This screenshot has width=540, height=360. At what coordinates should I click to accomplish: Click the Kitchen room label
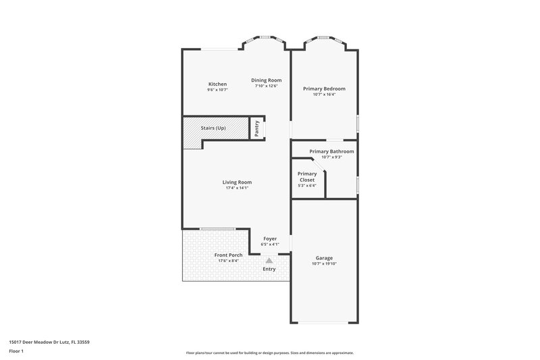pyautogui.click(x=217, y=84)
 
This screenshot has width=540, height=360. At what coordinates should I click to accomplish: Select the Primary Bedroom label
pyautogui.click(x=324, y=88)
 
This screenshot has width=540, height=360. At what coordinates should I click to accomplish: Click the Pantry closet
pyautogui.click(x=257, y=128)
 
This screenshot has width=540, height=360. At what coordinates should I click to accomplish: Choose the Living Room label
pyautogui.click(x=237, y=182)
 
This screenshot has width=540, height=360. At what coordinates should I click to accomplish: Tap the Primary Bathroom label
pyautogui.click(x=331, y=151)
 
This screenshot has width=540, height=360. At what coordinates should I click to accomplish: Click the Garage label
pyautogui.click(x=324, y=258)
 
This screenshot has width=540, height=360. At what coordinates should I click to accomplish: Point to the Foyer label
pyautogui.click(x=270, y=238)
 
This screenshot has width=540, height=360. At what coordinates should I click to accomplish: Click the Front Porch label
pyautogui.click(x=228, y=255)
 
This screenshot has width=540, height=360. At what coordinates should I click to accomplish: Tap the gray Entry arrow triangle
pyautogui.click(x=269, y=259)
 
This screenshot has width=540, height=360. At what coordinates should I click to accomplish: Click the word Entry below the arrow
pyautogui.click(x=269, y=269)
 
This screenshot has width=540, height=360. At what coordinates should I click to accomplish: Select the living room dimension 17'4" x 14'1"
pyautogui.click(x=237, y=188)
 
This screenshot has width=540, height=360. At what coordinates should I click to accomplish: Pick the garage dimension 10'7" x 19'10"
pyautogui.click(x=324, y=264)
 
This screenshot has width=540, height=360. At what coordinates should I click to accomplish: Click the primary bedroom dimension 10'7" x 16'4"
pyautogui.click(x=324, y=95)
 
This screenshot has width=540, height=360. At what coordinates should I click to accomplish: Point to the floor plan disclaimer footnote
pyautogui.click(x=269, y=353)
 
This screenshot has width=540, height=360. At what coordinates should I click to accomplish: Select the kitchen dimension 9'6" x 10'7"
pyautogui.click(x=217, y=90)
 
